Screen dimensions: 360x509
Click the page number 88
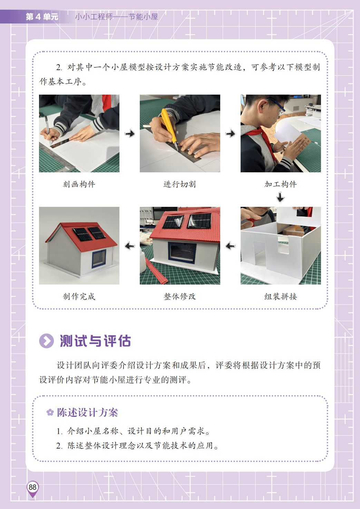tap(32, 487)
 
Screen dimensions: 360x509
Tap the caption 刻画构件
tap(79, 184)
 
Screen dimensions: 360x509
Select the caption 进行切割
tap(180, 184)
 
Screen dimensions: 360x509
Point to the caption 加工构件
tap(281, 184)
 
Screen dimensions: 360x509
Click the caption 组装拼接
tap(281, 296)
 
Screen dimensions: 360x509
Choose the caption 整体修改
tap(180, 296)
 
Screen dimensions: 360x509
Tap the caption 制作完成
tap(79, 296)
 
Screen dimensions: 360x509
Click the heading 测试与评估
tap(95, 341)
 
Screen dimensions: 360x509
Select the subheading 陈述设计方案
tap(87, 412)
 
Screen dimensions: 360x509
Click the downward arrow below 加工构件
tap(281, 197)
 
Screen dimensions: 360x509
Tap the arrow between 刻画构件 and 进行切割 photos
tap(130, 133)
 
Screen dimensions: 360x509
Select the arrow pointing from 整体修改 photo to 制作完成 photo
tap(130, 246)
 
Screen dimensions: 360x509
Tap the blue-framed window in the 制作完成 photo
tap(99, 259)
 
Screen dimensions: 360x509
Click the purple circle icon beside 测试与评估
tap(47, 341)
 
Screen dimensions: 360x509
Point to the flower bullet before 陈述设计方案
tap(50, 412)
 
